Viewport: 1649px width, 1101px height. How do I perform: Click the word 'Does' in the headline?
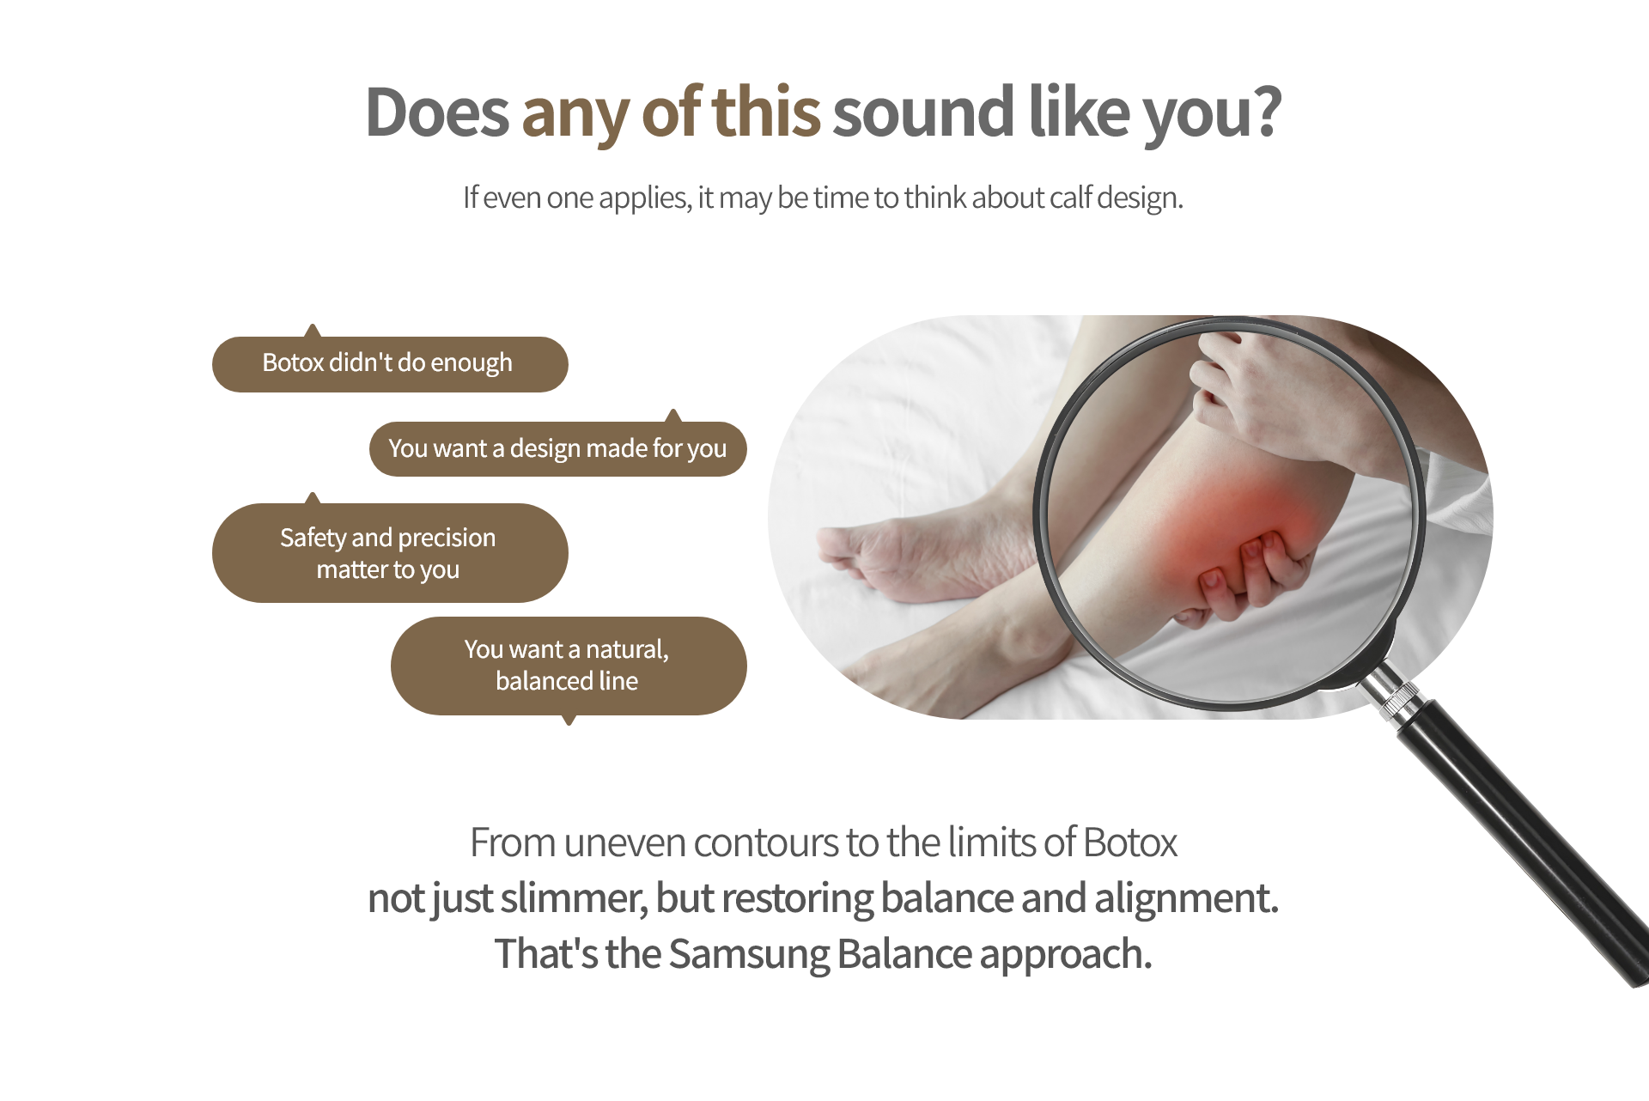[437, 112]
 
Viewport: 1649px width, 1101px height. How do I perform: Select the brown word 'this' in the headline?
[766, 112]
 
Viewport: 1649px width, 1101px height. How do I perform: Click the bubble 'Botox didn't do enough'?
[390, 363]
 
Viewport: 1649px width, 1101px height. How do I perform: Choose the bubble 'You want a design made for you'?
[558, 448]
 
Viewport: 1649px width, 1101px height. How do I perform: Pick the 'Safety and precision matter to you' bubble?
[390, 552]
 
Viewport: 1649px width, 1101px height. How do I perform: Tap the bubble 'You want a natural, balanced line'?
[569, 666]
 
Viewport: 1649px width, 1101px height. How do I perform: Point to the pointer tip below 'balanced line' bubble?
[569, 724]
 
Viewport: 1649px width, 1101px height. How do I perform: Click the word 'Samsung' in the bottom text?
[749, 954]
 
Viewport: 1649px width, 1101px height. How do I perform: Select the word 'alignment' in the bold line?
[1186, 899]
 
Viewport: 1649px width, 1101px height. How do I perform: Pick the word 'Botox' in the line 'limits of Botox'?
[1130, 842]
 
